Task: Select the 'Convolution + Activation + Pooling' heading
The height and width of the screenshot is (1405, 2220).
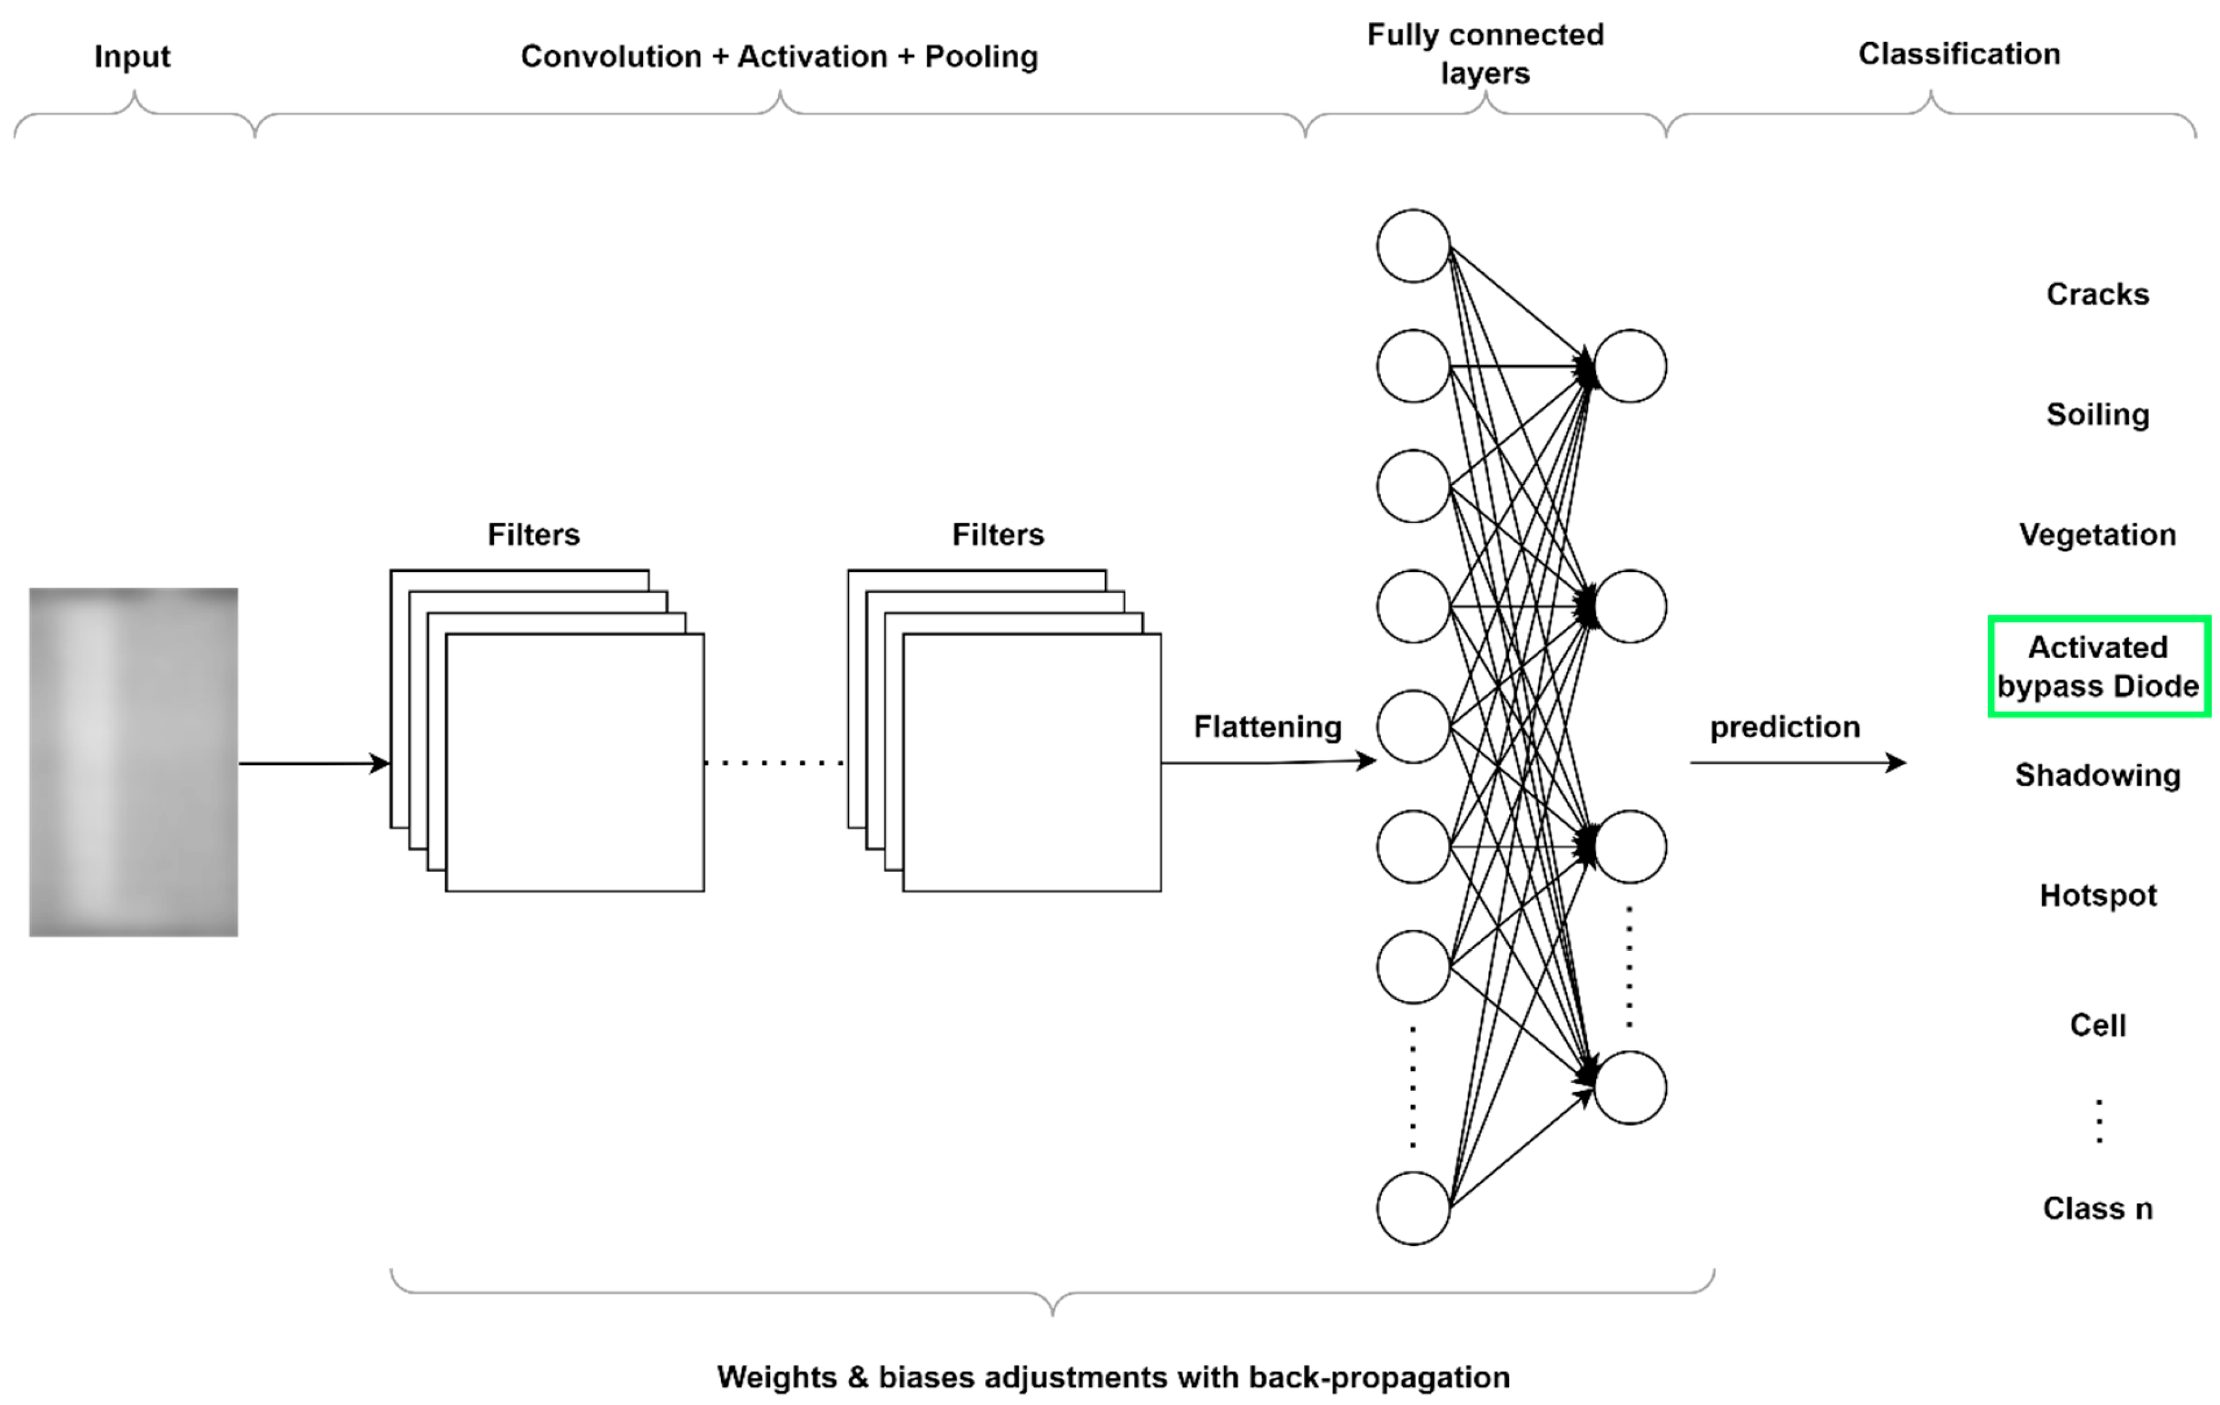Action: pos(779,57)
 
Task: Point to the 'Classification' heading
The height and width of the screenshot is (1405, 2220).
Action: pos(1958,54)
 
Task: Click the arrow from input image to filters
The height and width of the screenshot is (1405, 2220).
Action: pos(314,763)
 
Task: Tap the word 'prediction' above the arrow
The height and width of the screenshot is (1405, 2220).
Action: pos(1784,727)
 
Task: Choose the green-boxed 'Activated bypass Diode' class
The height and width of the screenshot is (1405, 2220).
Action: pos(2098,667)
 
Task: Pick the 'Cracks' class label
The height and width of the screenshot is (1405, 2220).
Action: pos(2098,294)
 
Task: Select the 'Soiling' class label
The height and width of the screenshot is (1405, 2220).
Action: pos(2098,415)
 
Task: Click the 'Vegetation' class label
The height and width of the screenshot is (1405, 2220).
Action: pos(2098,535)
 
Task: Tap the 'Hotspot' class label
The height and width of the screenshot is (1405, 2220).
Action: pos(2098,895)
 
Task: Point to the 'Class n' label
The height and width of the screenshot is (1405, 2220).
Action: pos(2098,1208)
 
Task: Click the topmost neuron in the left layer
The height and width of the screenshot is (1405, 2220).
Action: pos(1412,246)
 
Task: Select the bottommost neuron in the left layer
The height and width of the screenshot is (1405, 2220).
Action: pos(1412,1208)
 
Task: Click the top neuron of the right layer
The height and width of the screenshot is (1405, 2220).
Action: pos(1630,366)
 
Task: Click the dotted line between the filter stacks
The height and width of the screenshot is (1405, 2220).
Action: pos(774,763)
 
